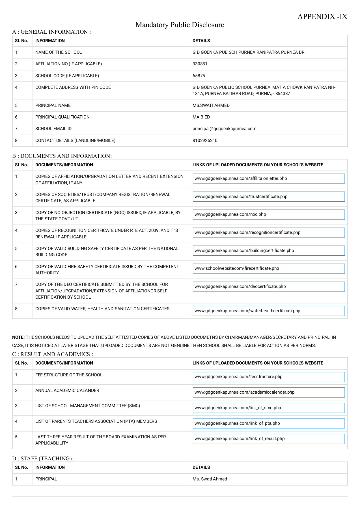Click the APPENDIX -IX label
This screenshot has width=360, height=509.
(322, 17)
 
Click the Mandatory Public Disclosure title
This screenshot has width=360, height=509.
(180, 25)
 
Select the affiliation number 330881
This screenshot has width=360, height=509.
(200, 64)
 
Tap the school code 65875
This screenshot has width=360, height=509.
(199, 76)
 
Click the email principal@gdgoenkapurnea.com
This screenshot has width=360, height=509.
(224, 129)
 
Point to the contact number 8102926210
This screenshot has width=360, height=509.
(205, 141)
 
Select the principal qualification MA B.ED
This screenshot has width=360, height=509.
(201, 117)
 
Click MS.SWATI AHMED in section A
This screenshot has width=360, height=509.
(211, 105)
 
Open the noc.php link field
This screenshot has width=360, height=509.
(268, 214)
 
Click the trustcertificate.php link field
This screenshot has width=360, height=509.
(268, 197)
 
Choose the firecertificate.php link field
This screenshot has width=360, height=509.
(268, 268)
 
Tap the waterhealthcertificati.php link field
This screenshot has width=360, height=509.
(268, 311)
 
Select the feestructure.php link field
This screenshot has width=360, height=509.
(268, 377)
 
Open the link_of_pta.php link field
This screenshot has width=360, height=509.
(268, 423)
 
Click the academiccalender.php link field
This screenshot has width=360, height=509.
(268, 392)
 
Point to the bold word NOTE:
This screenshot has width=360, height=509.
(18, 337)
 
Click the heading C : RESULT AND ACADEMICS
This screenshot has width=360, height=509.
(52, 354)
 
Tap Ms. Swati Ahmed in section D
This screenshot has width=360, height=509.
(210, 479)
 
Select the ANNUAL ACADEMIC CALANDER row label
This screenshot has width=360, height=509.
(67, 391)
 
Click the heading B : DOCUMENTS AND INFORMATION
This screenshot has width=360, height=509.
(62, 156)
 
